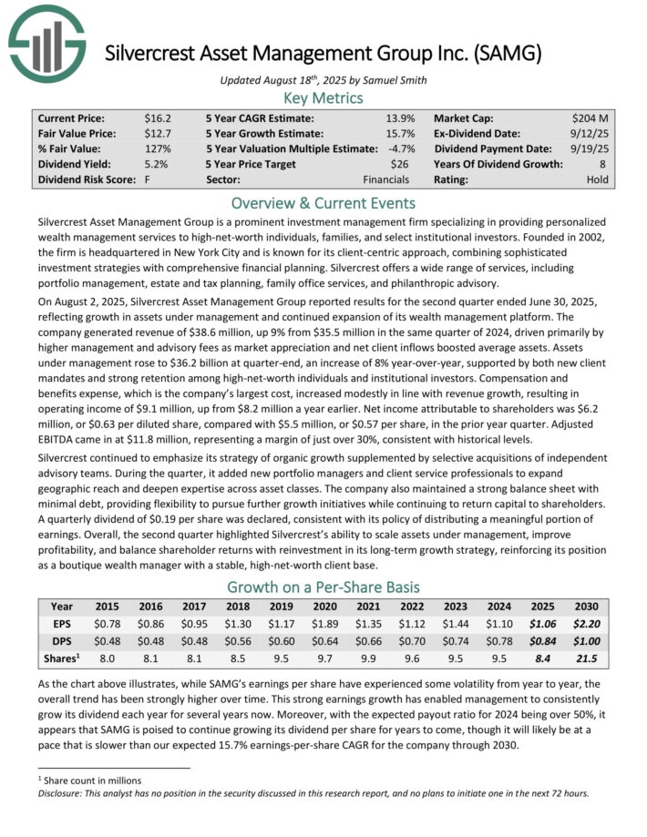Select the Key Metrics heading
323,98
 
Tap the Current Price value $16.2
158,118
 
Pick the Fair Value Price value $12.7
158,134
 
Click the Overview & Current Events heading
323,203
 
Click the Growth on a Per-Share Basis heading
323,587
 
